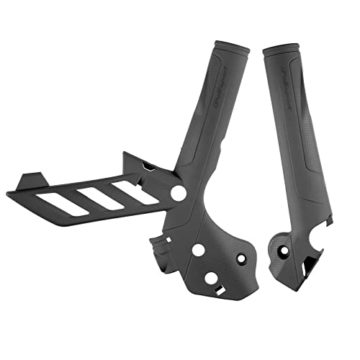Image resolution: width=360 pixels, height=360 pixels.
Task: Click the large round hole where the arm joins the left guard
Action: click(177, 194)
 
